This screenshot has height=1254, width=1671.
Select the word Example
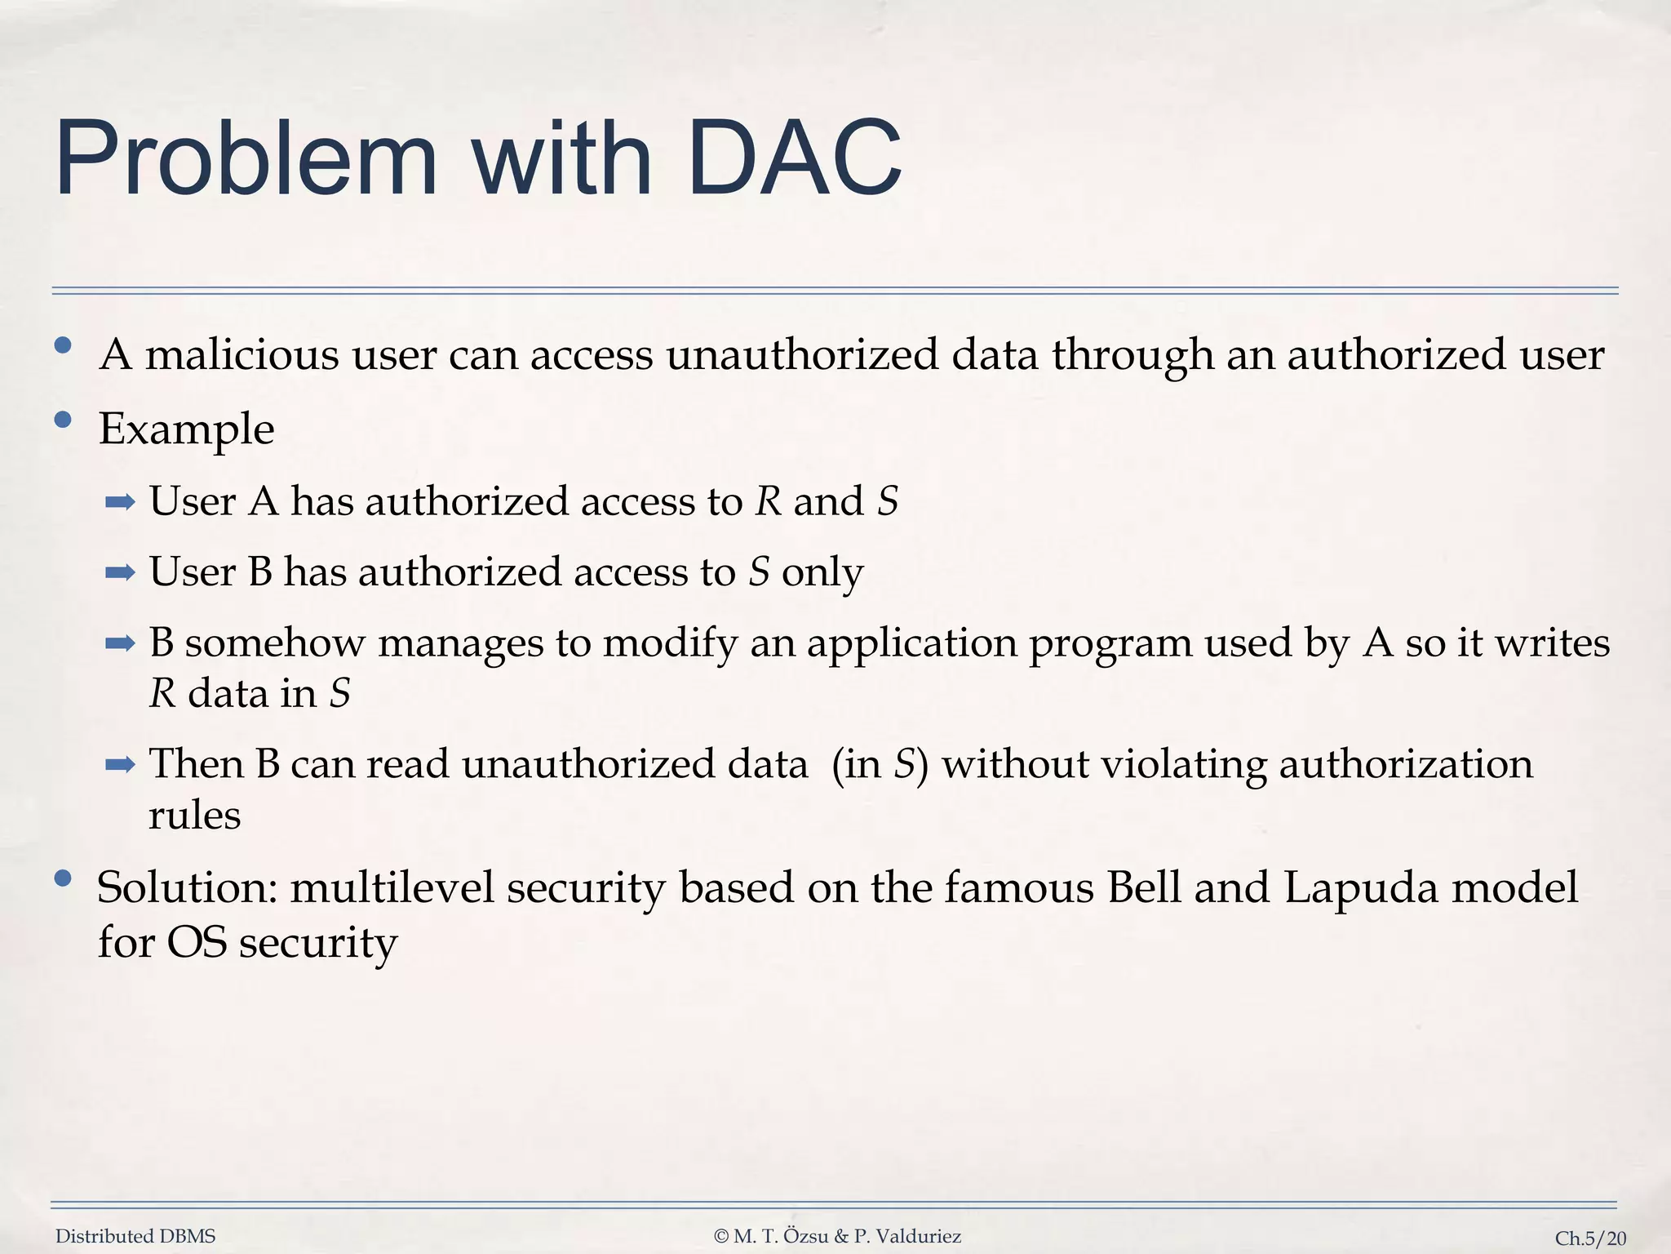click(186, 429)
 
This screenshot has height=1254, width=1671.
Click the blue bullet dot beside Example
click(63, 420)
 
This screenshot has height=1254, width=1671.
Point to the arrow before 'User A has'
click(120, 502)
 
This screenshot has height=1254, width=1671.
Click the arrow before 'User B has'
click(120, 572)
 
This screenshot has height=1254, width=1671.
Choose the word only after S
click(822, 572)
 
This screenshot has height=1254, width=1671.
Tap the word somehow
click(275, 643)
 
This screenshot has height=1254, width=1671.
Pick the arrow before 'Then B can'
click(120, 765)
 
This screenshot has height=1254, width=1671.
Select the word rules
click(194, 815)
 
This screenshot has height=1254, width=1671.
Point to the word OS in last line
click(196, 942)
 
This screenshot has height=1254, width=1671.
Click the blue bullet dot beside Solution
click(63, 879)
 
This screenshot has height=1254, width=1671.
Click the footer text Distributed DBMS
click(135, 1236)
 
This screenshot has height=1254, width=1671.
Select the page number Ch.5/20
click(1590, 1238)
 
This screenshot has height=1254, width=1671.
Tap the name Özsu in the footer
click(806, 1236)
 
